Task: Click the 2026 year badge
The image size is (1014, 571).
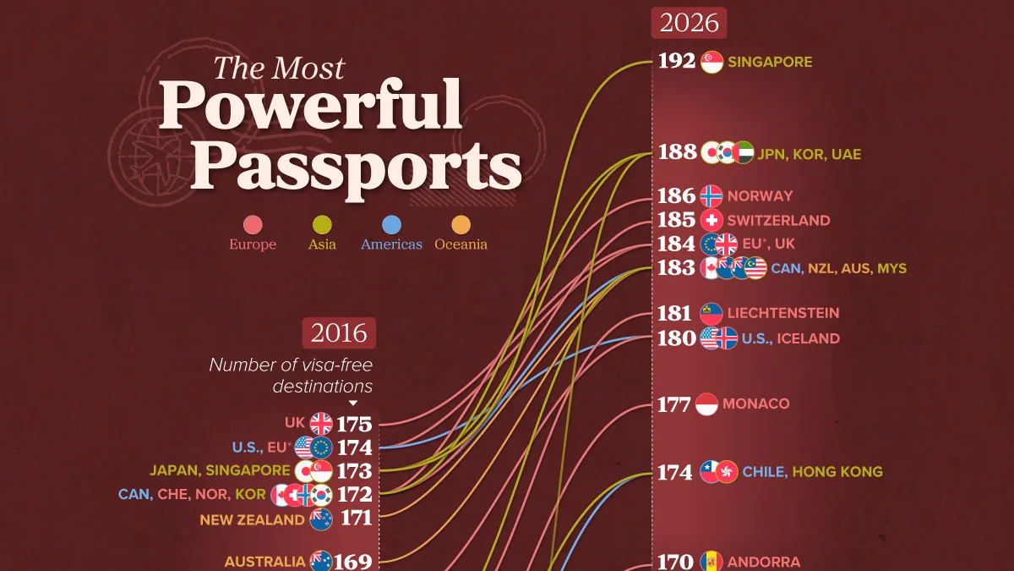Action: click(x=689, y=23)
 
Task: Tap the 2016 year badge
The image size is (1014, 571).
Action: click(x=339, y=333)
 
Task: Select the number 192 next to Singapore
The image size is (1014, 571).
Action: click(x=676, y=61)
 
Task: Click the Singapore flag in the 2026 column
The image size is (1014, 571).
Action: click(x=711, y=62)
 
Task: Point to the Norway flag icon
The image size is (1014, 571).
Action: click(x=711, y=195)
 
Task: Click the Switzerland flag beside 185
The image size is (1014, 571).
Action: click(x=711, y=220)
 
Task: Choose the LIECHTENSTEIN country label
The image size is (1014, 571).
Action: click(x=783, y=313)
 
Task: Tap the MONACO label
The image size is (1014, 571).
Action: click(x=756, y=404)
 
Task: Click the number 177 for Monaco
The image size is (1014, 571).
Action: click(x=674, y=404)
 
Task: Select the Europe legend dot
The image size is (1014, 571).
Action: click(x=253, y=225)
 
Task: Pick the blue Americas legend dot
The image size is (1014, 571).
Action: click(x=391, y=225)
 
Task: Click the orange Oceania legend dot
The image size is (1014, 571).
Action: click(x=461, y=225)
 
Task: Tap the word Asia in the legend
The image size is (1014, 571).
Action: click(x=322, y=244)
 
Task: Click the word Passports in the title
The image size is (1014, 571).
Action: click(x=357, y=168)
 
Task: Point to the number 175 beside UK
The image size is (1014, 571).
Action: click(x=354, y=425)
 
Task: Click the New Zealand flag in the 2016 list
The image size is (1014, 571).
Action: click(x=321, y=519)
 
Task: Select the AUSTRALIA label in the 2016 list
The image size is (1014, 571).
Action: click(x=264, y=562)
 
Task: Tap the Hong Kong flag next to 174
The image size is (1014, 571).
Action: click(x=727, y=472)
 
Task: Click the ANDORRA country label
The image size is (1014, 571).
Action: click(x=764, y=563)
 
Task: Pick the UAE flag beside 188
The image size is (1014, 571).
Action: click(x=743, y=153)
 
